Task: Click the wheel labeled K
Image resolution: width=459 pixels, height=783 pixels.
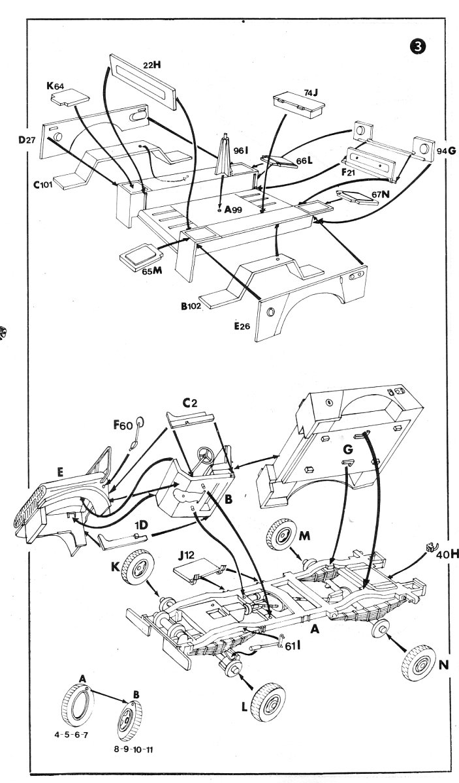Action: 139,570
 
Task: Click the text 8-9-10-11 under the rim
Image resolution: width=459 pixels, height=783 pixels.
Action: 134,750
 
